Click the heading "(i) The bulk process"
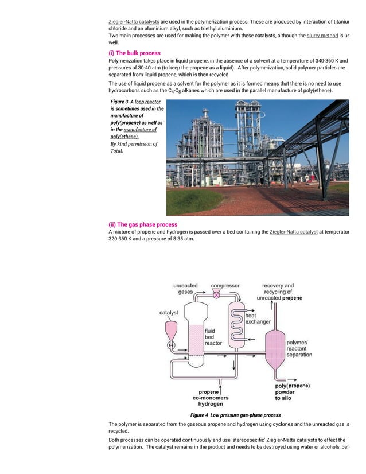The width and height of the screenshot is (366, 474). pos(134,53)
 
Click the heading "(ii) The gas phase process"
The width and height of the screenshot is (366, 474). pos(143,224)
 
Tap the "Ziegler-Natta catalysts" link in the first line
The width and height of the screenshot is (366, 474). pos(134,21)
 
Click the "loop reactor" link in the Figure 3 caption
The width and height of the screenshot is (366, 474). pos(147,102)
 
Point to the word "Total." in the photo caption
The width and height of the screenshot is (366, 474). pos(116,151)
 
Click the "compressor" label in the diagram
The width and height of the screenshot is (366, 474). pos(225,286)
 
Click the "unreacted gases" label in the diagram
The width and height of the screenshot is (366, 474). pos(185,289)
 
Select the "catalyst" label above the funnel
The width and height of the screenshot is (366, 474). pos(169,313)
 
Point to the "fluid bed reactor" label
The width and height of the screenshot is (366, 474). pos(213,337)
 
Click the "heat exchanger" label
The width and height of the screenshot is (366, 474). pos(258,318)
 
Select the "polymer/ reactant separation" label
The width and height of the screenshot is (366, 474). pos(299,349)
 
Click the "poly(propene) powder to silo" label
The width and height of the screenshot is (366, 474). pos(293,392)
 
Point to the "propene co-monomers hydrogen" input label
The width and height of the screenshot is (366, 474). pos(210,398)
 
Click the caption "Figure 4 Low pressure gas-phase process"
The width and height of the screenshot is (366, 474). pos(235,415)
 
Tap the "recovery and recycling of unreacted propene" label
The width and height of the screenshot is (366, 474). pos(278,292)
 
